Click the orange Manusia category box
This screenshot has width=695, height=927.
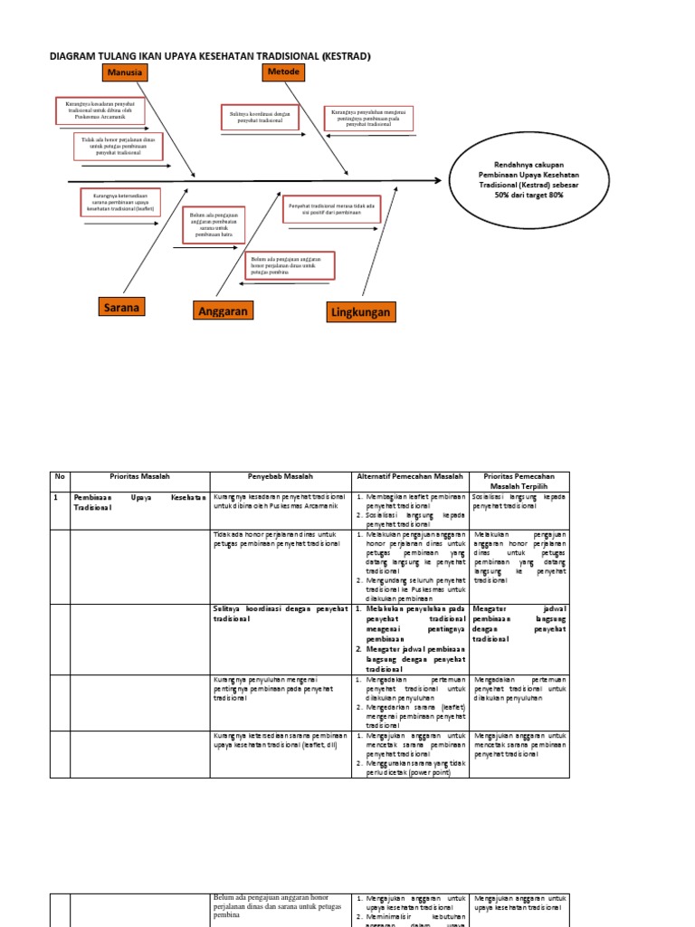(x=126, y=72)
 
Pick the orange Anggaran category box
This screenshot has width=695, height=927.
(x=222, y=311)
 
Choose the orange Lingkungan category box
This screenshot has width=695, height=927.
(x=360, y=312)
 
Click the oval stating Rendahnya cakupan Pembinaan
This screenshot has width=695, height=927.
(x=528, y=179)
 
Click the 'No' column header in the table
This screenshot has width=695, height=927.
(x=60, y=476)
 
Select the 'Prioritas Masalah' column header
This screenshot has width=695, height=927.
(x=139, y=476)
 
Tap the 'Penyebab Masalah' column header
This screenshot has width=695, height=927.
(x=280, y=476)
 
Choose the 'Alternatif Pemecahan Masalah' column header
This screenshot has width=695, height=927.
(x=409, y=476)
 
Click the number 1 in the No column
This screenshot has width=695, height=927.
(x=55, y=497)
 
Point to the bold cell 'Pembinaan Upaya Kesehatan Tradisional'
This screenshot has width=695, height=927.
(x=139, y=502)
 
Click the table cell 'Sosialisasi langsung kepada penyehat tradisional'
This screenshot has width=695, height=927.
(x=519, y=502)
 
